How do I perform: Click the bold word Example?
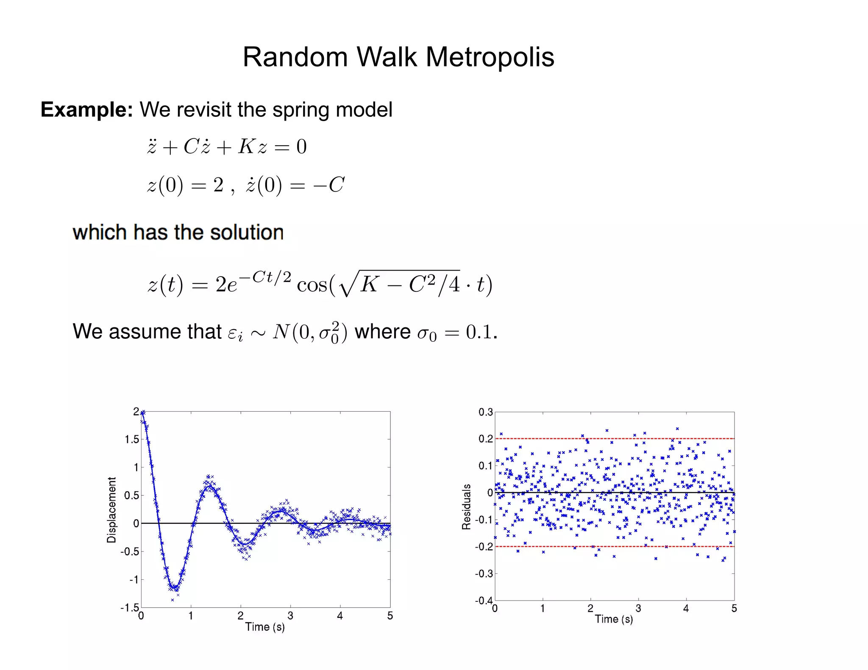pyautogui.click(x=86, y=110)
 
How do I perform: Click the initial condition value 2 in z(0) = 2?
pyautogui.click(x=218, y=185)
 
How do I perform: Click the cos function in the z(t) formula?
pyautogui.click(x=312, y=284)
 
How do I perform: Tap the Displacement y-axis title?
pyautogui.click(x=111, y=509)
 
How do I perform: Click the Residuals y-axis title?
pyautogui.click(x=466, y=507)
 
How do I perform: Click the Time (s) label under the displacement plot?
pyautogui.click(x=265, y=627)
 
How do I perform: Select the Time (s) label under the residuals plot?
pyautogui.click(x=614, y=619)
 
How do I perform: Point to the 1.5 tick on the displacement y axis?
pyautogui.click(x=132, y=439)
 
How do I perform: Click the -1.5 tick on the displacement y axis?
pyautogui.click(x=130, y=607)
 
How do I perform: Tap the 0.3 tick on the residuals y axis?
pyautogui.click(x=486, y=412)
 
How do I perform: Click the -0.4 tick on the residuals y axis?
pyautogui.click(x=484, y=600)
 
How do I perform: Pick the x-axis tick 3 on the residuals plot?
pyautogui.click(x=638, y=609)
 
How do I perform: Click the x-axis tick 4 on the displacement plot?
pyautogui.click(x=340, y=616)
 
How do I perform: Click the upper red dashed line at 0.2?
pyautogui.click(x=615, y=438)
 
